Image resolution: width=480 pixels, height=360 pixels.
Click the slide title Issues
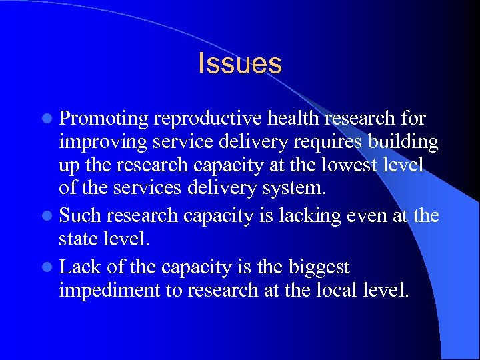pos(240,63)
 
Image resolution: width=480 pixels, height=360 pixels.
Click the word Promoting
pos(103,119)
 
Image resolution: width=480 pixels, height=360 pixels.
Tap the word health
pos(286,119)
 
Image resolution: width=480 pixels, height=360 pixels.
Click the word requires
pos(311,143)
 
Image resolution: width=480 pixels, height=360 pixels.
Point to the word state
pos(79,239)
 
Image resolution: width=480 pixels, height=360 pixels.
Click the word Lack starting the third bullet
pos(79,267)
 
